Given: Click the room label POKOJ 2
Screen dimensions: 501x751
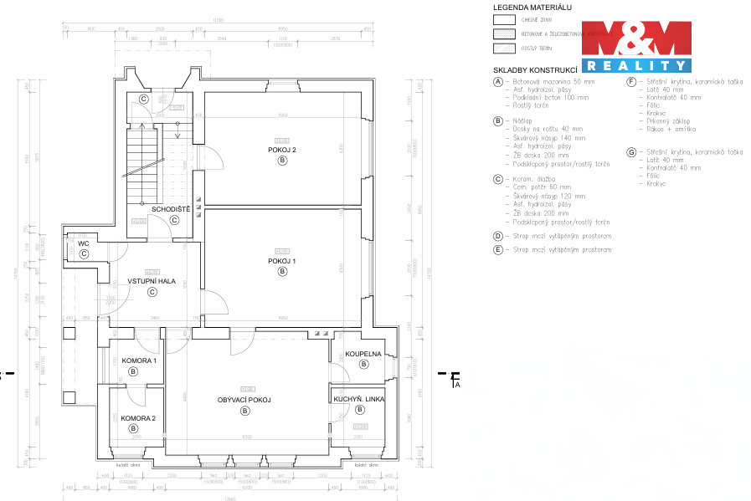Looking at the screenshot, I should point(282,150).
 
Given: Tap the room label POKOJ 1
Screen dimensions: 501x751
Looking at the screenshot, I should point(282,261).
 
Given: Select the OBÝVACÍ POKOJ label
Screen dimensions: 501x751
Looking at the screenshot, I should point(244,400).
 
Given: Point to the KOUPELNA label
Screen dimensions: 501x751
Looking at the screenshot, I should point(363,354).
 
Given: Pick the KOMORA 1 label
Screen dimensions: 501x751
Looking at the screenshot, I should point(139,360).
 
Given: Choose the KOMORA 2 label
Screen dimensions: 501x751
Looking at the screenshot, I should point(138,417).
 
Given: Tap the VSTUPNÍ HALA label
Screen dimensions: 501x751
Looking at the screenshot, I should point(152,281).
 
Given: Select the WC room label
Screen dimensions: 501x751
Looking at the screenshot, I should point(84,244).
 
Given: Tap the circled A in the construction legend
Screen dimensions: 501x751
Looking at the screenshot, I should point(498,82).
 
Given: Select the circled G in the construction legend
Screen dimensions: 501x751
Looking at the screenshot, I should point(631,152).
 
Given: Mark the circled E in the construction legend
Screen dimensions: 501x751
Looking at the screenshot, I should point(498,249).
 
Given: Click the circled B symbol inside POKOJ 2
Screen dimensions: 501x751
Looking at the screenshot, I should point(282,161).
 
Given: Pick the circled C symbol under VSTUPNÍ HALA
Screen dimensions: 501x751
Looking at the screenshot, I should point(152,292).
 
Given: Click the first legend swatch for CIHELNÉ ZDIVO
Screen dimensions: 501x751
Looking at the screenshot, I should point(505,19).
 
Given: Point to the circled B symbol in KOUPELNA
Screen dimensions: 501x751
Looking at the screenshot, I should point(363,364).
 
